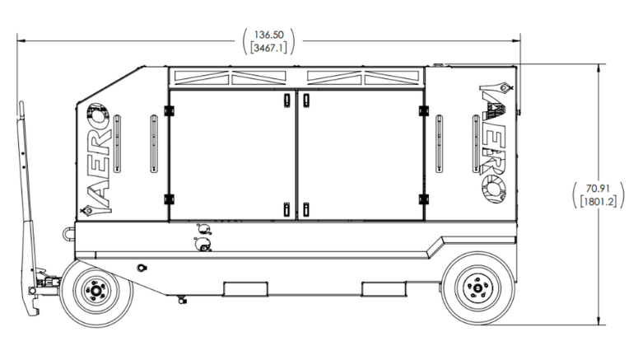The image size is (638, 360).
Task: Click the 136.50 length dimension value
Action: [x=268, y=35]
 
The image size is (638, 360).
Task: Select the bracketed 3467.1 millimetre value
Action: [x=268, y=48]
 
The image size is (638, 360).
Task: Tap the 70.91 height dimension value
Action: [x=598, y=189]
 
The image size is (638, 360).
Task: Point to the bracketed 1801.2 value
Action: [x=598, y=201]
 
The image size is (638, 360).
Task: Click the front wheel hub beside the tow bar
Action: [x=96, y=290]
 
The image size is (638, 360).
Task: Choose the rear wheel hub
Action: [x=477, y=288]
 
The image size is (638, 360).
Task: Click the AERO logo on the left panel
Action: [x=98, y=159]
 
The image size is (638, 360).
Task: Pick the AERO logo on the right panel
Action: [x=495, y=143]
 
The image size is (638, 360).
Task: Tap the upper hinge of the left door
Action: [x=169, y=110]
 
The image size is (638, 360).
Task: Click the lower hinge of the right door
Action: [x=424, y=199]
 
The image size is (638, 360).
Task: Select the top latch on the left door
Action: [x=286, y=100]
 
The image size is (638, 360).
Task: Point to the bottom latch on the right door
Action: [x=306, y=209]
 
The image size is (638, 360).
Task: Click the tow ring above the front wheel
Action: [x=69, y=234]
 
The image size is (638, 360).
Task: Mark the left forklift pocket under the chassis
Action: [x=246, y=288]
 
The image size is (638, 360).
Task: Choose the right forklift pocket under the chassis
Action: [x=384, y=288]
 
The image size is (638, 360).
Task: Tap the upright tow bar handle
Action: [x=29, y=208]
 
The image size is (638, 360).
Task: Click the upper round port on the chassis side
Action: [x=203, y=229]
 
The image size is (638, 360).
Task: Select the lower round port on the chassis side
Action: [x=203, y=245]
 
